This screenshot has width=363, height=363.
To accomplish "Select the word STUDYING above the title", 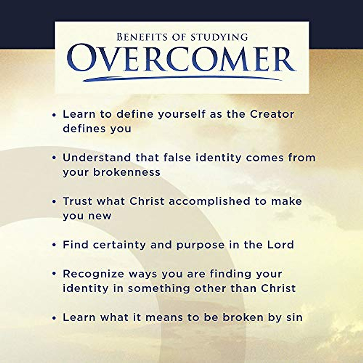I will pos(219,37).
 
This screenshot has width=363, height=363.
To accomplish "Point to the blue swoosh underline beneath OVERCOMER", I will pos(181,78).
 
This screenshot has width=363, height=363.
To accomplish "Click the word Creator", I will pos(272,114).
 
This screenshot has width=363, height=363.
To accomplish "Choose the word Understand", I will pos(97,158).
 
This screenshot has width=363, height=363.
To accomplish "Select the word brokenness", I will pos(126,172).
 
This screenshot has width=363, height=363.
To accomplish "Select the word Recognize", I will pos(93,274).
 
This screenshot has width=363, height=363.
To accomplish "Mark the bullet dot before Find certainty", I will pos(54,245).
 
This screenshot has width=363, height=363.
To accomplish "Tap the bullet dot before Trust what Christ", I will pos(54,201).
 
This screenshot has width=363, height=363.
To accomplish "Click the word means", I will pos(164,317).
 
